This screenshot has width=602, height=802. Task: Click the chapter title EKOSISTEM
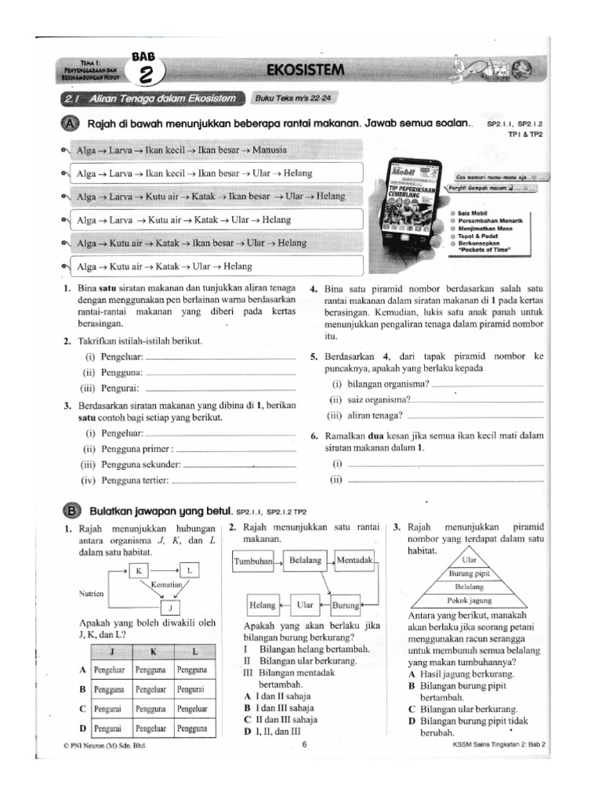point(305,70)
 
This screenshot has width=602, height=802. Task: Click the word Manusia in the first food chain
point(268,149)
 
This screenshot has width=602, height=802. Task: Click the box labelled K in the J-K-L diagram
point(138,571)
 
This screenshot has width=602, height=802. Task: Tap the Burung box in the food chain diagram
point(346,605)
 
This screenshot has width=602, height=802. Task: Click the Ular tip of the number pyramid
point(470,560)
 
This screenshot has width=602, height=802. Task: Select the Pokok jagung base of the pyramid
point(470,600)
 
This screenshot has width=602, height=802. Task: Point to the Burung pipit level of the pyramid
point(470,573)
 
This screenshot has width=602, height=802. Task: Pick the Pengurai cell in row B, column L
point(191,689)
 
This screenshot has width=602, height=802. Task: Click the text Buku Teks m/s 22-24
point(288,99)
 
